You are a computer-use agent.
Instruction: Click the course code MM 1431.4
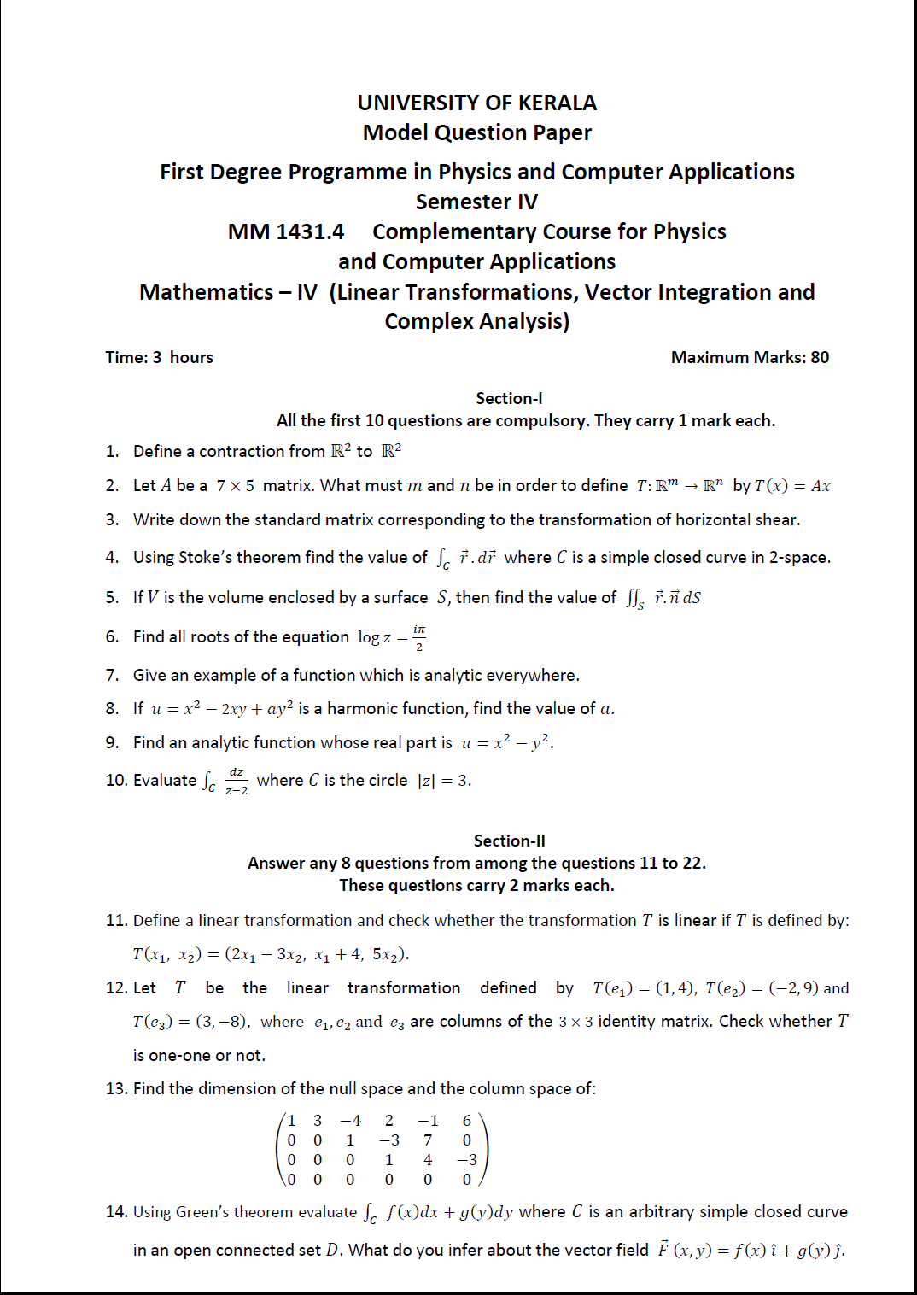pos(286,232)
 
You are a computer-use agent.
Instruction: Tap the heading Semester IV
pos(476,202)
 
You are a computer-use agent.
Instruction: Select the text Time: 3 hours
pos(159,358)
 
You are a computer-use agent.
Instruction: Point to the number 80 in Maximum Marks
pos(820,358)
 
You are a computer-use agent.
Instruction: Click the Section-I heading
pos(509,399)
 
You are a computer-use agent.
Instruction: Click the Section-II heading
pos(509,841)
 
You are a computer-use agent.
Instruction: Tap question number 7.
pos(112,676)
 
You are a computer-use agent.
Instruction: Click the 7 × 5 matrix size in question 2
pos(235,486)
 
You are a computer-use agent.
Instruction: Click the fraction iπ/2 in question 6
pos(418,637)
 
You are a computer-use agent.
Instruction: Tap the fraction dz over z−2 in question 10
pos(237,781)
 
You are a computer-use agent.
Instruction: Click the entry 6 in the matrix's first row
pos(466,1121)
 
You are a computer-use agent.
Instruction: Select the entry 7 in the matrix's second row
pos(428,1140)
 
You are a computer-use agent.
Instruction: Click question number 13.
pos(116,1089)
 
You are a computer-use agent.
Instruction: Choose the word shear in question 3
pos(779,520)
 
